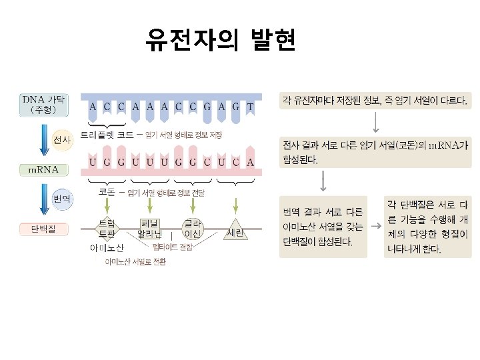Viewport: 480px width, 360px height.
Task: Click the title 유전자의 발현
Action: tap(221, 41)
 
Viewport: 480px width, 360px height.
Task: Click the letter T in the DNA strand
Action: tap(250, 106)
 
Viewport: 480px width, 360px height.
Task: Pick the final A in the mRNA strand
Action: tap(250, 162)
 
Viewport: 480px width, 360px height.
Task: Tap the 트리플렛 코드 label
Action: tap(107, 135)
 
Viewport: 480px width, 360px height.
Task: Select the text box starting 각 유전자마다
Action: tap(376, 101)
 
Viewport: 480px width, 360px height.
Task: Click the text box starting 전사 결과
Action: tap(376, 153)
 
